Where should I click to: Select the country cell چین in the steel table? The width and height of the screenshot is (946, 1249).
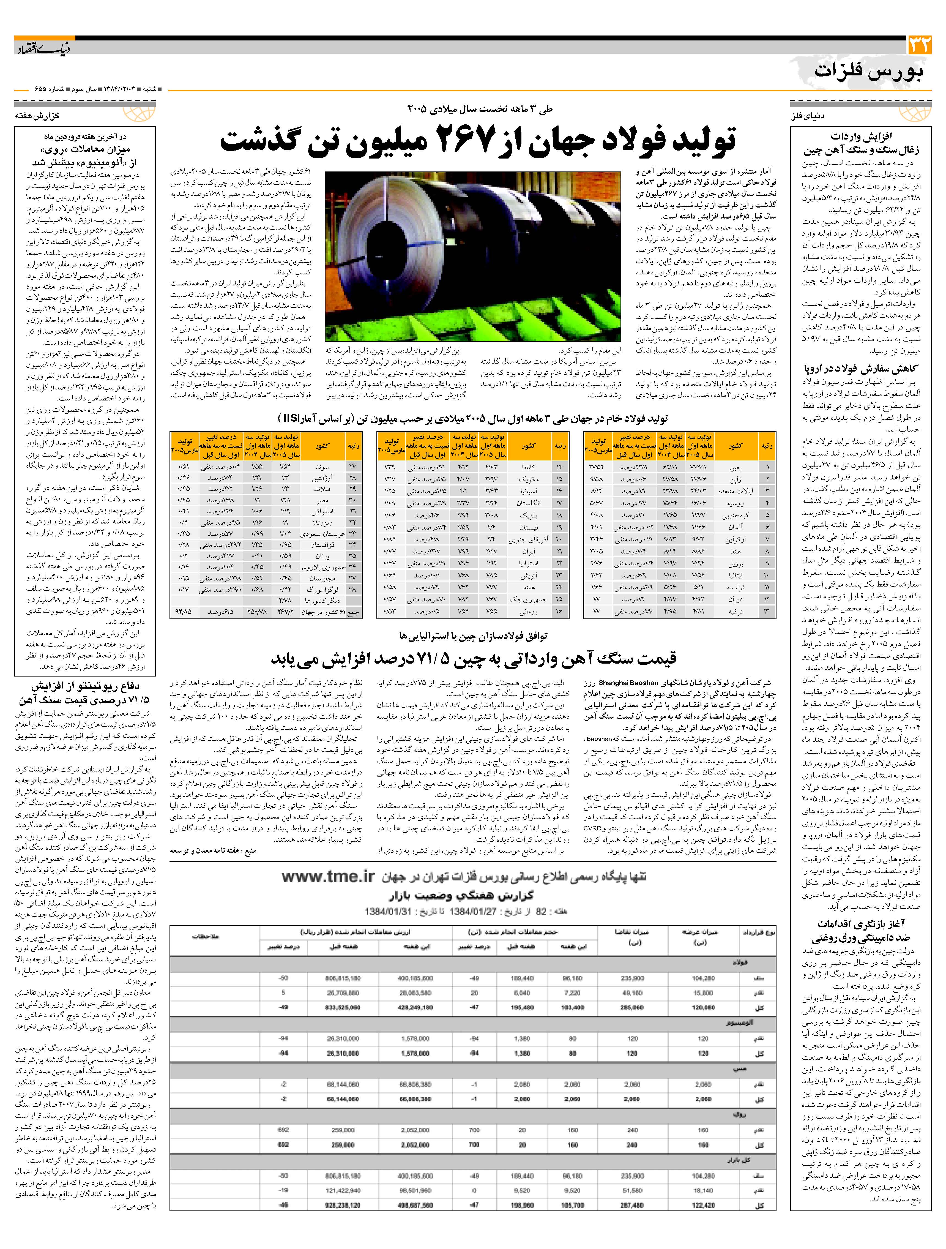(736, 468)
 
